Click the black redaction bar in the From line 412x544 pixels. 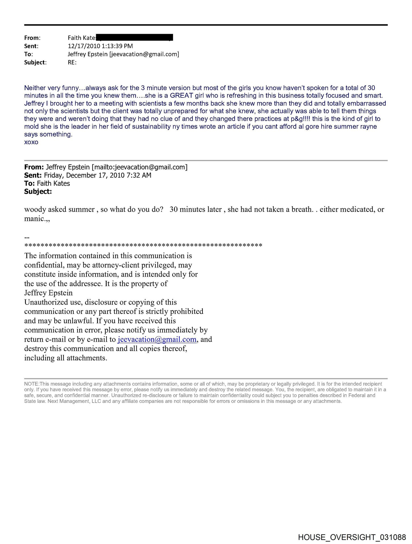click(135, 37)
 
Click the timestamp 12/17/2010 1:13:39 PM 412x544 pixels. click(100, 46)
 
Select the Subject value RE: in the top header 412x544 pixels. click(72, 62)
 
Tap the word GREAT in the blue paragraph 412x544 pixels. click(181, 95)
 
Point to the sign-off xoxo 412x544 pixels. click(31, 142)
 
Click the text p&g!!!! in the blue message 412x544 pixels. click(301, 119)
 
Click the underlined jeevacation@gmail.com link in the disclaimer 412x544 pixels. click(157, 339)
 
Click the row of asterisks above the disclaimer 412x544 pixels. click(143, 245)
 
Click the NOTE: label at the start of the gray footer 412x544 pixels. click(31, 384)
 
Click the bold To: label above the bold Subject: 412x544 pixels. click(29, 184)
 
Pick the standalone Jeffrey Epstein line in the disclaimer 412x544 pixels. click(48, 293)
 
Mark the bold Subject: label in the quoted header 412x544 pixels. click(38, 192)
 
